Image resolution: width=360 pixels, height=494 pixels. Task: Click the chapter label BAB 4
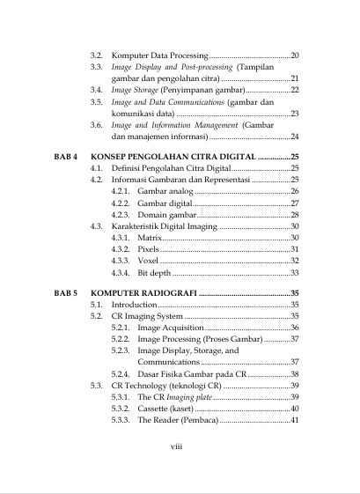[65, 154]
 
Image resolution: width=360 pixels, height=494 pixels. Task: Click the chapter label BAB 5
[65, 291]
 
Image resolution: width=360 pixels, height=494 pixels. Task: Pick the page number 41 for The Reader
[294, 420]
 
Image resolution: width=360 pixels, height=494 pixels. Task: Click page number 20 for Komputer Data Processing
[295, 55]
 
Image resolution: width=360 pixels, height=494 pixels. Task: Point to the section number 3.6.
[97, 125]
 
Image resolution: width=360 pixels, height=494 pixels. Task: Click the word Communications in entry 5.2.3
[168, 362]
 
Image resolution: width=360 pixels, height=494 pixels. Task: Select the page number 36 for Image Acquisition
[294, 327]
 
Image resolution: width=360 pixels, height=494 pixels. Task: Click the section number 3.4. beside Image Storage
[97, 90]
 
